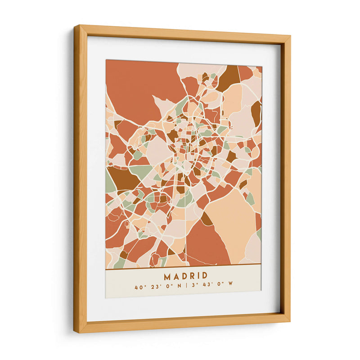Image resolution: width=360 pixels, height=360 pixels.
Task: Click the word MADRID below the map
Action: click(185, 275)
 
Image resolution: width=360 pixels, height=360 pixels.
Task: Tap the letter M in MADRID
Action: click(167, 275)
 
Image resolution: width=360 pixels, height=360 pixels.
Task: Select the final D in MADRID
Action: click(205, 275)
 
